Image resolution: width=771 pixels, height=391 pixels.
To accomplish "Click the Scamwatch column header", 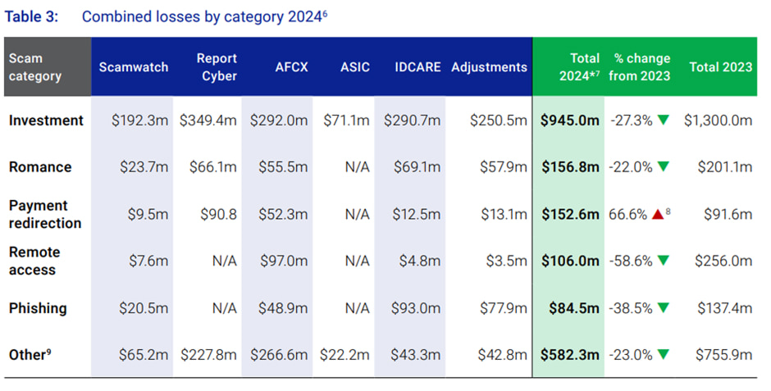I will tap(133, 67).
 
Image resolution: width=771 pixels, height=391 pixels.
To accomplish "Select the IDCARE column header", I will tap(414, 67).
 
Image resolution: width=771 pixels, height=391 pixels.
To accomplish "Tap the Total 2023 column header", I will tap(720, 67).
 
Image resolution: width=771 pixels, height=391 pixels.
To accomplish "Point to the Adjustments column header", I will tap(489, 67).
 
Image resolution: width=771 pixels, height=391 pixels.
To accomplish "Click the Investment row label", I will tap(46, 120).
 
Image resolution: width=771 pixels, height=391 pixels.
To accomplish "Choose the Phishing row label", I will tap(38, 308).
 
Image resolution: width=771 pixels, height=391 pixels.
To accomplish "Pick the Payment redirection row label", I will tap(45, 214).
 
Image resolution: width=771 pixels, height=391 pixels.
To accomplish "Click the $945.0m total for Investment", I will tap(570, 120).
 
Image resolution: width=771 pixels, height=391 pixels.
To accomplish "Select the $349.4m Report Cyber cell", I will tap(208, 120).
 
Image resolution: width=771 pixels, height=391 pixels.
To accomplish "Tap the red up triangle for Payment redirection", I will tap(657, 214).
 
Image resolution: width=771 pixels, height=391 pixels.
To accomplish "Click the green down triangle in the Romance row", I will tap(663, 167).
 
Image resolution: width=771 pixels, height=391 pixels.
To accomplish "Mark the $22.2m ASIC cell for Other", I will tap(348, 355).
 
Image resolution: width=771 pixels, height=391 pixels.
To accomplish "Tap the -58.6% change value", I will tap(631, 261).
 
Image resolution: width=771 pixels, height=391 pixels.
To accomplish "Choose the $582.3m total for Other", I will tap(570, 355).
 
